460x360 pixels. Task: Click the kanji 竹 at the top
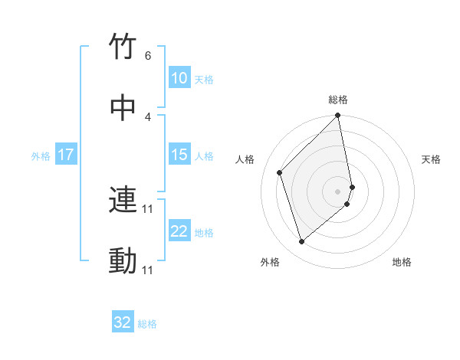[x=123, y=48]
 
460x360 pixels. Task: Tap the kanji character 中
[x=123, y=107]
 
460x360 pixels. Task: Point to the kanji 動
[x=123, y=261]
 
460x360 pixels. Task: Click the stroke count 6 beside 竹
[x=148, y=56]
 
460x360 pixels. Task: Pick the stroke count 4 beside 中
[x=148, y=116]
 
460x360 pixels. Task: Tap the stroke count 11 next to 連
[x=148, y=208]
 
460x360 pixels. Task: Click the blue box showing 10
[x=179, y=78]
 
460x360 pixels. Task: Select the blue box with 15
[x=179, y=155]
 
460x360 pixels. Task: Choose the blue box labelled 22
[x=179, y=231]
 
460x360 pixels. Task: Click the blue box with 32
[x=123, y=322]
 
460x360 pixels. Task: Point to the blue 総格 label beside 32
[x=147, y=324]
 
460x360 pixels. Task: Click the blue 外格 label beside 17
[x=41, y=156]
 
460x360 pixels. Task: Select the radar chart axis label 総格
[x=338, y=100]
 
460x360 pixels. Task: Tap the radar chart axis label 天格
[x=432, y=159]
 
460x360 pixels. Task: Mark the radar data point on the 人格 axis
[x=280, y=172]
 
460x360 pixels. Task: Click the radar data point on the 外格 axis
[x=302, y=241]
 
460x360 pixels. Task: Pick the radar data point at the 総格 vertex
[x=338, y=116]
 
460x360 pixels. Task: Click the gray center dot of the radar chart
[x=338, y=191]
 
